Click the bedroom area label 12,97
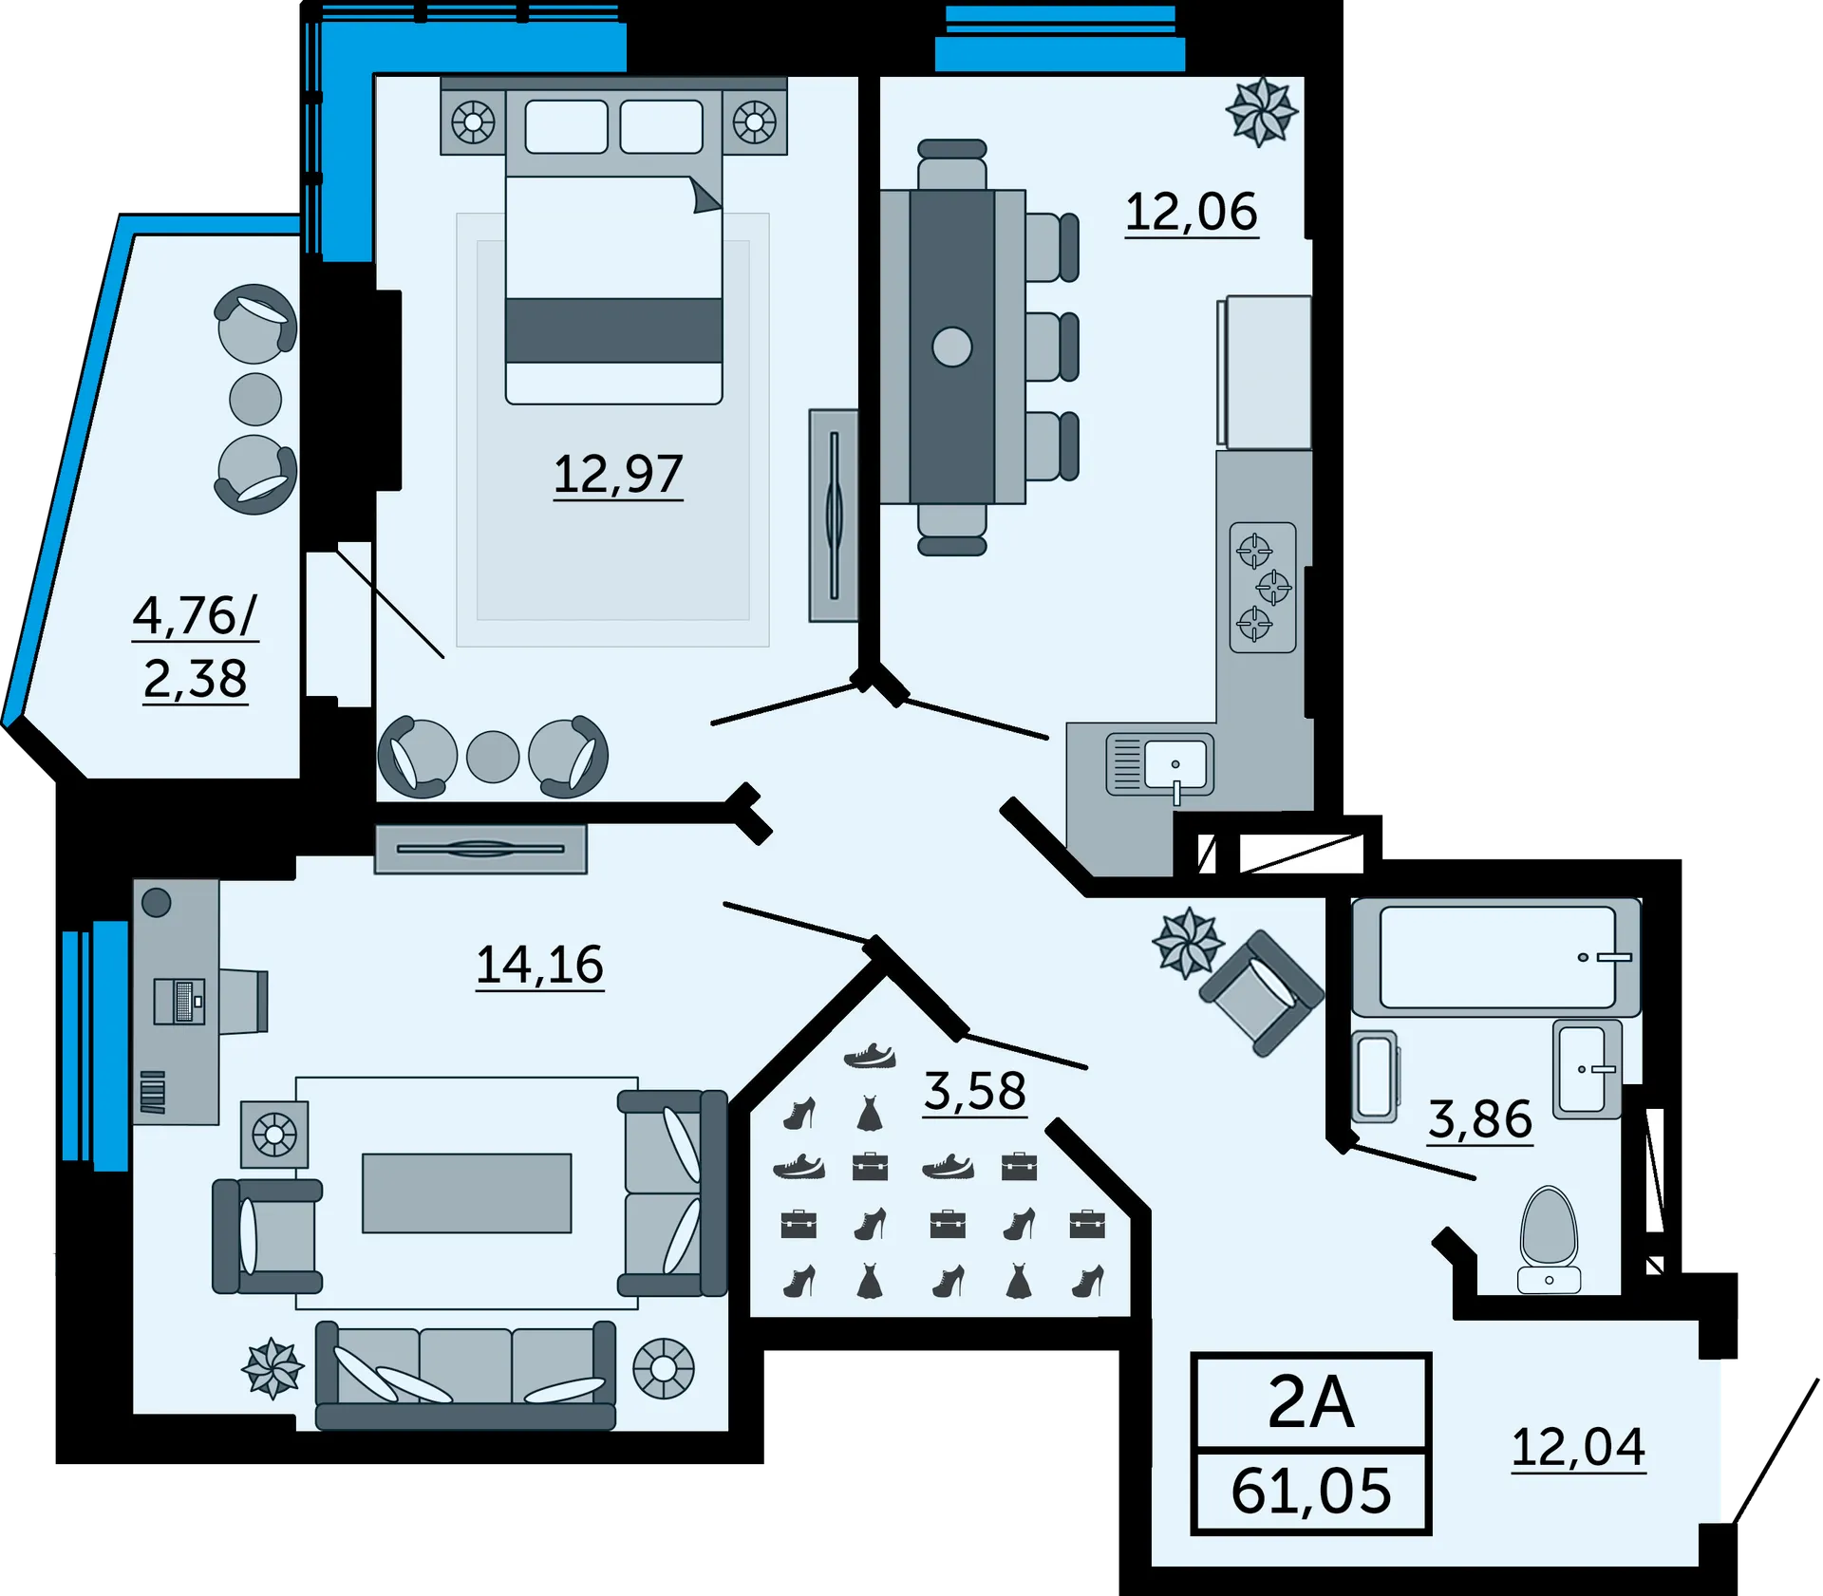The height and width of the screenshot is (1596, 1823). [618, 475]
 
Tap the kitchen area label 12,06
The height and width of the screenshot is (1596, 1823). [1192, 212]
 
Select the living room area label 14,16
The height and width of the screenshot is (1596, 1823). [539, 965]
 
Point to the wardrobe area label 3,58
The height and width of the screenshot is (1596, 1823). [975, 1091]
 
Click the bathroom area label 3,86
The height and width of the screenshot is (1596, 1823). [1480, 1119]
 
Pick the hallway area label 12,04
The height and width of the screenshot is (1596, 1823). [1578, 1448]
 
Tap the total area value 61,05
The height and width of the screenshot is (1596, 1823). [1311, 1492]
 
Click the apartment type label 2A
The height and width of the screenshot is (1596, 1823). [1310, 1402]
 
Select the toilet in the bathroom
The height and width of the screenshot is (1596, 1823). [1550, 1239]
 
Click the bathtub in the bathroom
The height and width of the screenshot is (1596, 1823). [1496, 957]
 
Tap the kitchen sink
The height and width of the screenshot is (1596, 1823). [1160, 765]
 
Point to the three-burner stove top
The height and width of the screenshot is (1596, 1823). [1263, 588]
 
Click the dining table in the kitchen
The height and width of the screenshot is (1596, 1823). [952, 347]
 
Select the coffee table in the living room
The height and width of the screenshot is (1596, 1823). [467, 1193]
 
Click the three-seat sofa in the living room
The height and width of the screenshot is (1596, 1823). [465, 1376]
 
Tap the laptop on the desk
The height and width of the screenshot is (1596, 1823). [179, 1002]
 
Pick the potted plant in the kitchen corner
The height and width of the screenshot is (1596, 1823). [1261, 112]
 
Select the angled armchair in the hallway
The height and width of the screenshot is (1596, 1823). [1261, 993]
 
